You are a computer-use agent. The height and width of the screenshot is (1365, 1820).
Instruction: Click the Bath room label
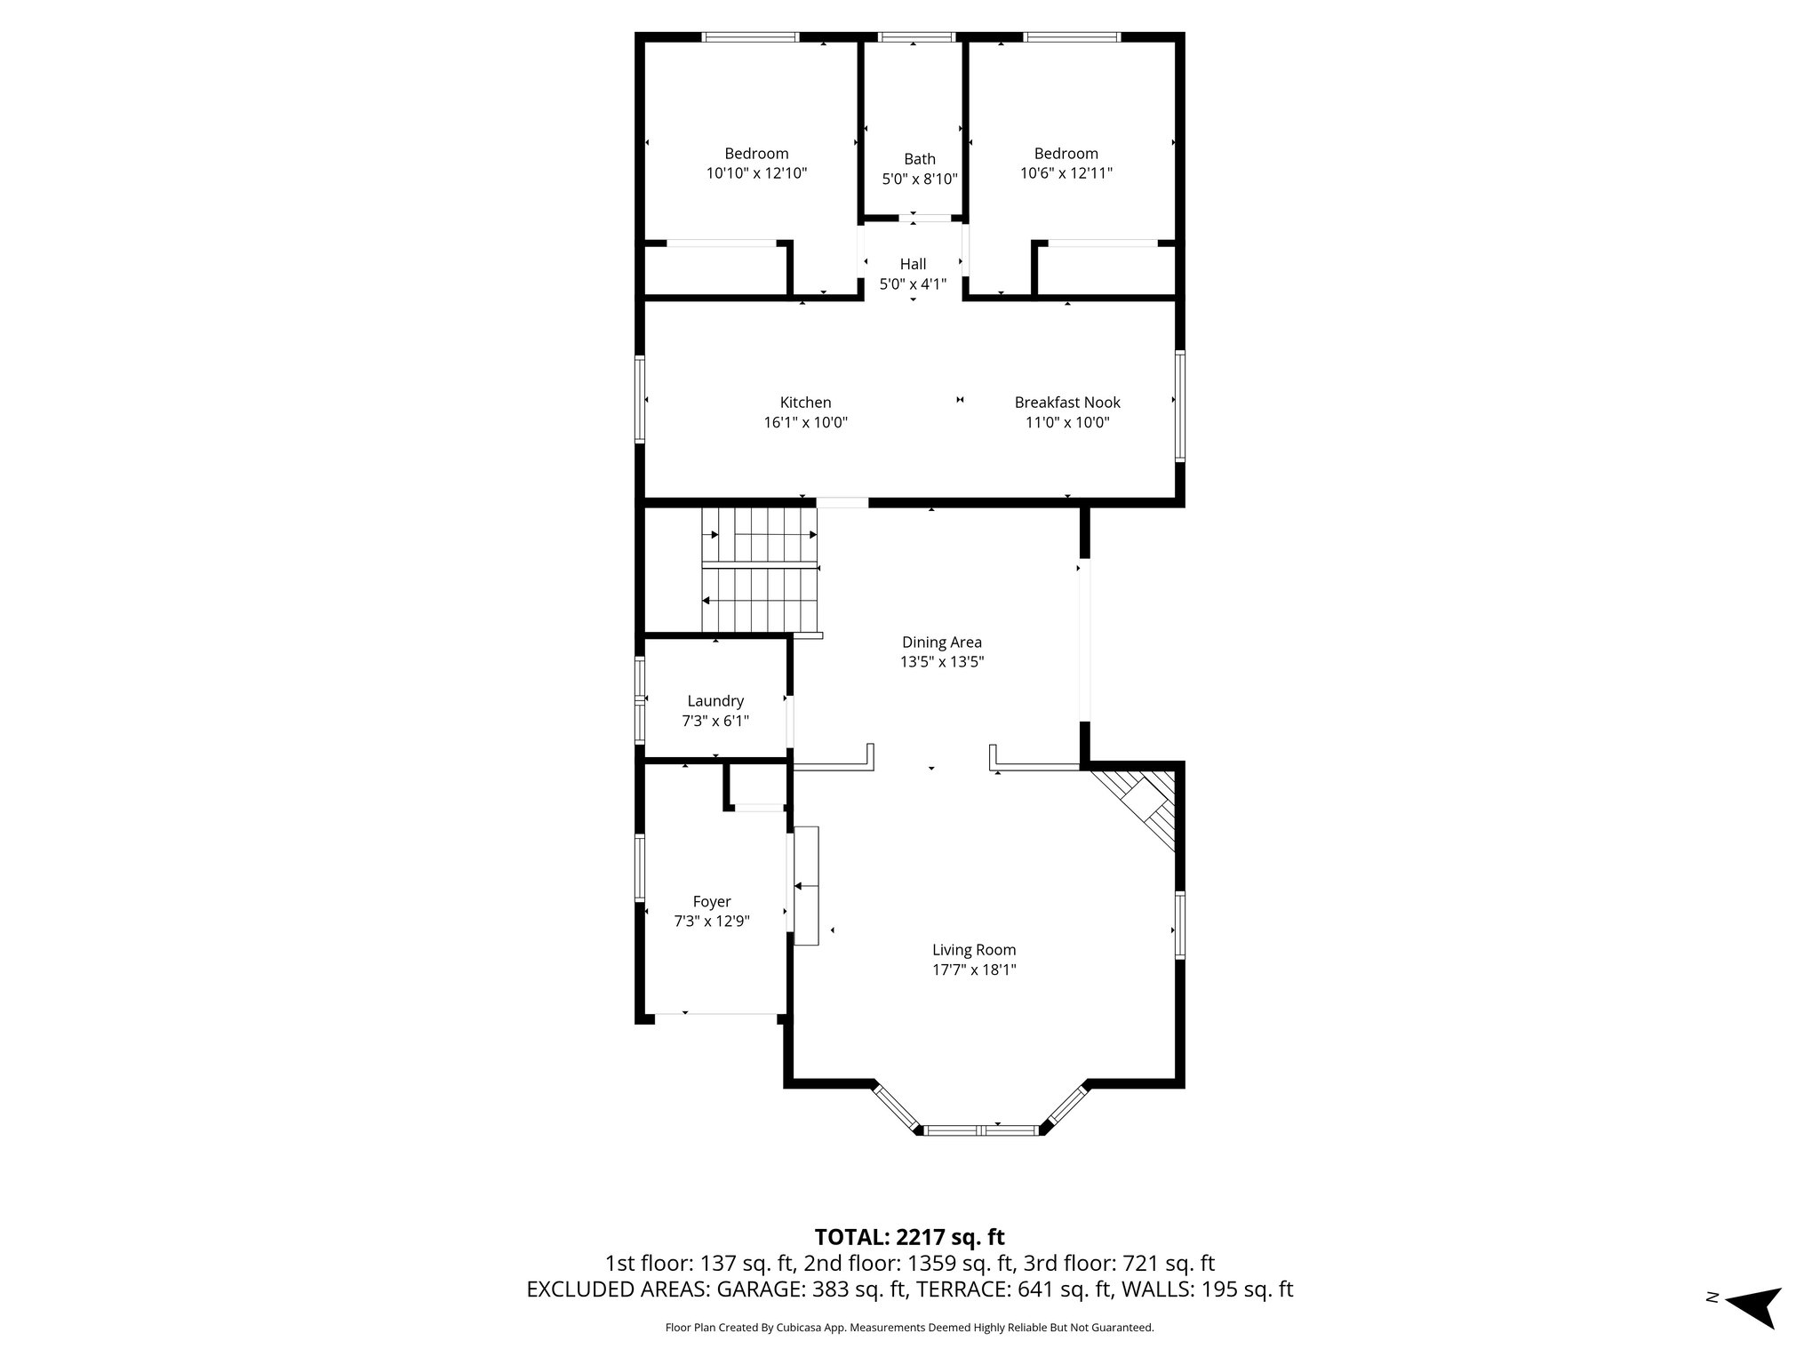point(920,159)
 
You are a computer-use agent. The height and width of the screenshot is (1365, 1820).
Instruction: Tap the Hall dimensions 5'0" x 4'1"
point(913,284)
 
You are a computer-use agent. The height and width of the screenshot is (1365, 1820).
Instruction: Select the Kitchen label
point(806,403)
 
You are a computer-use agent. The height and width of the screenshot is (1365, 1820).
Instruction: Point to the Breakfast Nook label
point(1067,403)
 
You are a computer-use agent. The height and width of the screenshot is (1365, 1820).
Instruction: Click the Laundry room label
point(715,701)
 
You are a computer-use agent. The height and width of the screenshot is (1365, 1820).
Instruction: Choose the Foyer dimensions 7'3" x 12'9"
point(712,922)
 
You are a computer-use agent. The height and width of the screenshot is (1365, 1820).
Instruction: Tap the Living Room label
point(974,950)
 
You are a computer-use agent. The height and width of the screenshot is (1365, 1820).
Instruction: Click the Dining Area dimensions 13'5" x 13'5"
point(942,662)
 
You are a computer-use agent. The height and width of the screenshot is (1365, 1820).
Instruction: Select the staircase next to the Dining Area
point(760,569)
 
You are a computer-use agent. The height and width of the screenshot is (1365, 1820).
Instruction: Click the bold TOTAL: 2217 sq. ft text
point(909,1237)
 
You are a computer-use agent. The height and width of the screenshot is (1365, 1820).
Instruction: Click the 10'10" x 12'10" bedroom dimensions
point(756,174)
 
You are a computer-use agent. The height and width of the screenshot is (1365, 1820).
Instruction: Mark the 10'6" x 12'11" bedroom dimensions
point(1066,174)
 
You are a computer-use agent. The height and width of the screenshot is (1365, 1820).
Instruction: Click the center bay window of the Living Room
point(981,1130)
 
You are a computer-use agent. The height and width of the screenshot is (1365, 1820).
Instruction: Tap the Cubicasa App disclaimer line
point(909,1328)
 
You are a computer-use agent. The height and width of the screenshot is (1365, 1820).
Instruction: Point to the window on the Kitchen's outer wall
point(639,399)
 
